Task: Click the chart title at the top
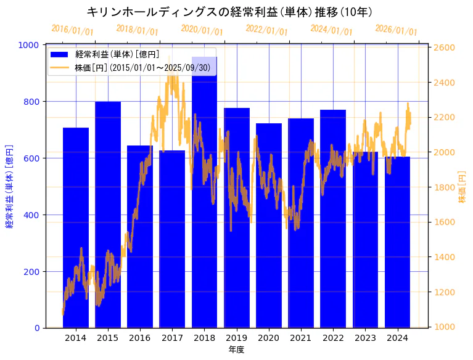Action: click(229, 12)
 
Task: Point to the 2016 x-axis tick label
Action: click(140, 338)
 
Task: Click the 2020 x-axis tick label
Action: click(268, 338)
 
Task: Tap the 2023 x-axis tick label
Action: click(365, 338)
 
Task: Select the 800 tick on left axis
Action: click(33, 102)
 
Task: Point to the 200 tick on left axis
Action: click(33, 272)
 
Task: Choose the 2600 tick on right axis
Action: click(445, 47)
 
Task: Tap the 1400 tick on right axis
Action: click(445, 257)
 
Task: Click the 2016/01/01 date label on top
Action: click(72, 30)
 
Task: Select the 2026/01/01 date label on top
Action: click(396, 30)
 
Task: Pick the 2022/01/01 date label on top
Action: click(266, 30)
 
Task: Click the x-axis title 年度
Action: click(236, 350)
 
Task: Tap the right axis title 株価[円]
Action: click(463, 187)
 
